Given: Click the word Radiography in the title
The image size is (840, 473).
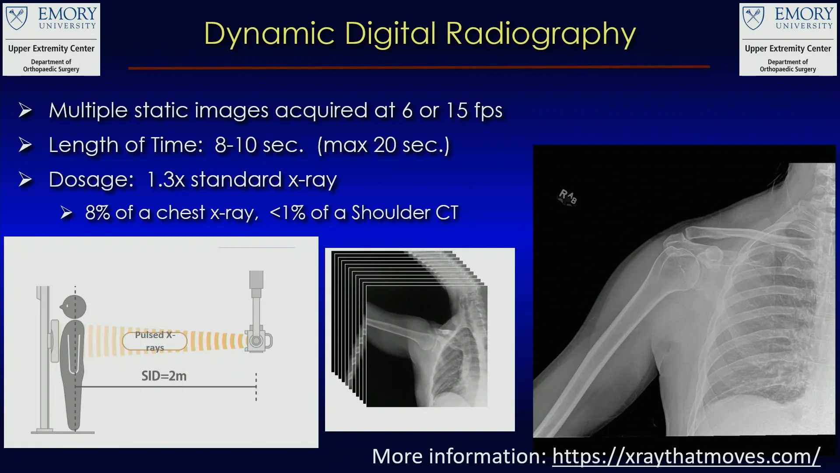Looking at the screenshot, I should [541, 34].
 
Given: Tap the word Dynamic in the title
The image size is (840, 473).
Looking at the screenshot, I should [269, 34].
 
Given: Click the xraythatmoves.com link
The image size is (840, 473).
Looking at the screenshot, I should [686, 456].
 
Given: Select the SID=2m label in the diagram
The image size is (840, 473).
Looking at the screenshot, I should [164, 376].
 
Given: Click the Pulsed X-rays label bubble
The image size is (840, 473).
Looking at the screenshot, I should [155, 341].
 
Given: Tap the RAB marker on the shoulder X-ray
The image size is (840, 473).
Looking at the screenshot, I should [568, 197].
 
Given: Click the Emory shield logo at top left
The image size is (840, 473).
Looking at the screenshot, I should [17, 18].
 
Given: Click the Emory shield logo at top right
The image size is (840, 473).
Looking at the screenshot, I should [753, 18].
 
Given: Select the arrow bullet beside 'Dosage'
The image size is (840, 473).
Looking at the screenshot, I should [25, 180].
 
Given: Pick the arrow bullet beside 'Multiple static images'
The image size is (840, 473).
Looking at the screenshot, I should [25, 110].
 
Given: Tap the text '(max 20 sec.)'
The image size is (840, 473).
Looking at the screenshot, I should [383, 145].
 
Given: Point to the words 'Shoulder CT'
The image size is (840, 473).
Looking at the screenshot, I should [405, 213].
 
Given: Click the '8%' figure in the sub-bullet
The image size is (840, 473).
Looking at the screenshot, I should [97, 213].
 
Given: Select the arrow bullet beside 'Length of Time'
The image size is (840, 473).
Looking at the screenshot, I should [25, 145].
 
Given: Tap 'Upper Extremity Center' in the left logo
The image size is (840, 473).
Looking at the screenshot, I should [51, 49].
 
